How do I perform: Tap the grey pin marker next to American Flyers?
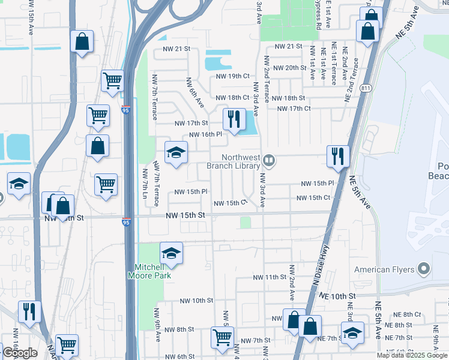click(424, 269)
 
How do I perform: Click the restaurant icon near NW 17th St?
click(233, 119)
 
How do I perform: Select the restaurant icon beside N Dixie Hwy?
click(337, 156)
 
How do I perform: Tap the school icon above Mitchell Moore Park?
click(172, 254)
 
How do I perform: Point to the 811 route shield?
click(366, 88)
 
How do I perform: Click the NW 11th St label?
click(267, 277)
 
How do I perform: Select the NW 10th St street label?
click(197, 301)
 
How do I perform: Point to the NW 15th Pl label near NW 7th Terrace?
click(191, 192)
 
